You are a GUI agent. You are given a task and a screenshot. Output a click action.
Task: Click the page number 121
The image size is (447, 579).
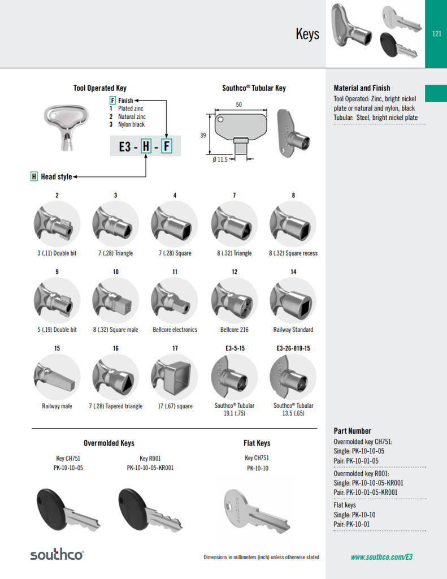point(436,34)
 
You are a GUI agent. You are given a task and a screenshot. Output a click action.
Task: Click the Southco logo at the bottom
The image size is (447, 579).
point(57,555)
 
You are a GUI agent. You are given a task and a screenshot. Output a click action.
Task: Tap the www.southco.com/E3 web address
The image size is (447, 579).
point(381,557)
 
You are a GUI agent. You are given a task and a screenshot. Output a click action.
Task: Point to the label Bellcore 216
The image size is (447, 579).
point(234,330)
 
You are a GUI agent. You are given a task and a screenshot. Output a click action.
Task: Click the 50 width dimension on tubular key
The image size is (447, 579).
point(238,105)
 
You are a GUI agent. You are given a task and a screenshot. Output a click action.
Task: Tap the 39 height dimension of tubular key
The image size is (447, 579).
point(203,135)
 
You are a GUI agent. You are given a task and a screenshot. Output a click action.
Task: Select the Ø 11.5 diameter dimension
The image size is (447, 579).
point(220,159)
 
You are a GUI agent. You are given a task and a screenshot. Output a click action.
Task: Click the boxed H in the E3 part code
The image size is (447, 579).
point(146,147)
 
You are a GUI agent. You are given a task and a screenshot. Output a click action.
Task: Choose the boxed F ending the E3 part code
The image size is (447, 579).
point(167,147)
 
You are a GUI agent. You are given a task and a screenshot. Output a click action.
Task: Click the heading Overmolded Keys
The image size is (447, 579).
point(109,443)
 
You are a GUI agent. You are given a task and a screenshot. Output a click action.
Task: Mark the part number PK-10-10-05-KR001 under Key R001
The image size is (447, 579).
point(150,468)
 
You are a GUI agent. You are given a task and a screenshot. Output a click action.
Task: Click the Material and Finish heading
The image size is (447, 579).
point(362,88)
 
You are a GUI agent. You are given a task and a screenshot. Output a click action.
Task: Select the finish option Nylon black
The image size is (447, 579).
point(131,124)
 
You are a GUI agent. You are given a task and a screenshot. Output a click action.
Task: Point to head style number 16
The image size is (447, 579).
point(115,348)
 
